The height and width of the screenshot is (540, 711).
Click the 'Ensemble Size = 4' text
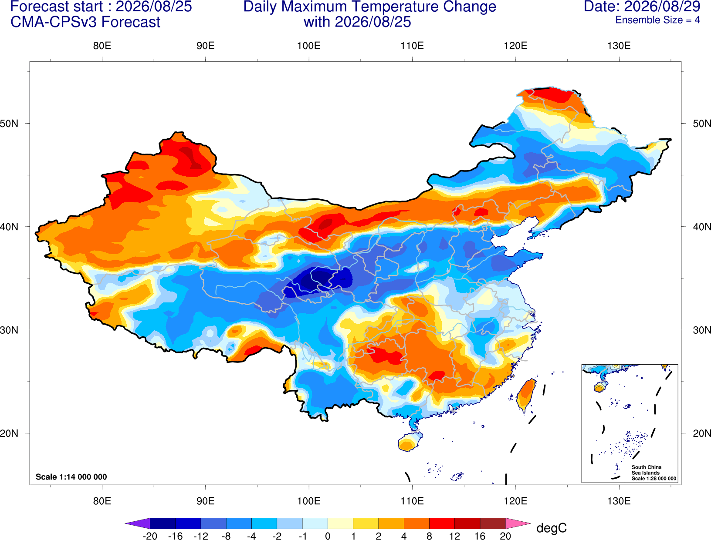point(657,20)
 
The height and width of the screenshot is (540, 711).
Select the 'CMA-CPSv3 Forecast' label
point(85,22)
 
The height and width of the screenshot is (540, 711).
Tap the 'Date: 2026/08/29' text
point(642,7)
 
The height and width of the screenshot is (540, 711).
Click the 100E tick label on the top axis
point(309,46)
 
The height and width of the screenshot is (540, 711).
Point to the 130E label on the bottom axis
point(619,501)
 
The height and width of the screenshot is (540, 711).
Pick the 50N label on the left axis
point(9,123)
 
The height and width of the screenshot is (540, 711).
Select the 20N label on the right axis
point(701,433)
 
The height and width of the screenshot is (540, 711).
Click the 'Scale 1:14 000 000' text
point(71,476)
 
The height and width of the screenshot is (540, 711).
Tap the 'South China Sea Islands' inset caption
point(647,470)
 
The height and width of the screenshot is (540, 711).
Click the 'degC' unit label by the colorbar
point(551,528)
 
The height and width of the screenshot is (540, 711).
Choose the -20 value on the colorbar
point(150,536)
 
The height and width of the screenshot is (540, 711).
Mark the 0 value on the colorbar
point(328,536)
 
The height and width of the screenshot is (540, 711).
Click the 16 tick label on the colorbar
point(480,536)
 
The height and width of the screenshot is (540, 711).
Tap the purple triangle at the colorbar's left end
point(139,523)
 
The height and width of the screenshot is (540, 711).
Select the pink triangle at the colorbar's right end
point(517,523)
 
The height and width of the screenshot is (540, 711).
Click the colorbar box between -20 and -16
point(163,523)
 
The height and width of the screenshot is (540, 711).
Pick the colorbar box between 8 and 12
point(442,523)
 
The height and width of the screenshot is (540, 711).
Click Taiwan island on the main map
point(526,395)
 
